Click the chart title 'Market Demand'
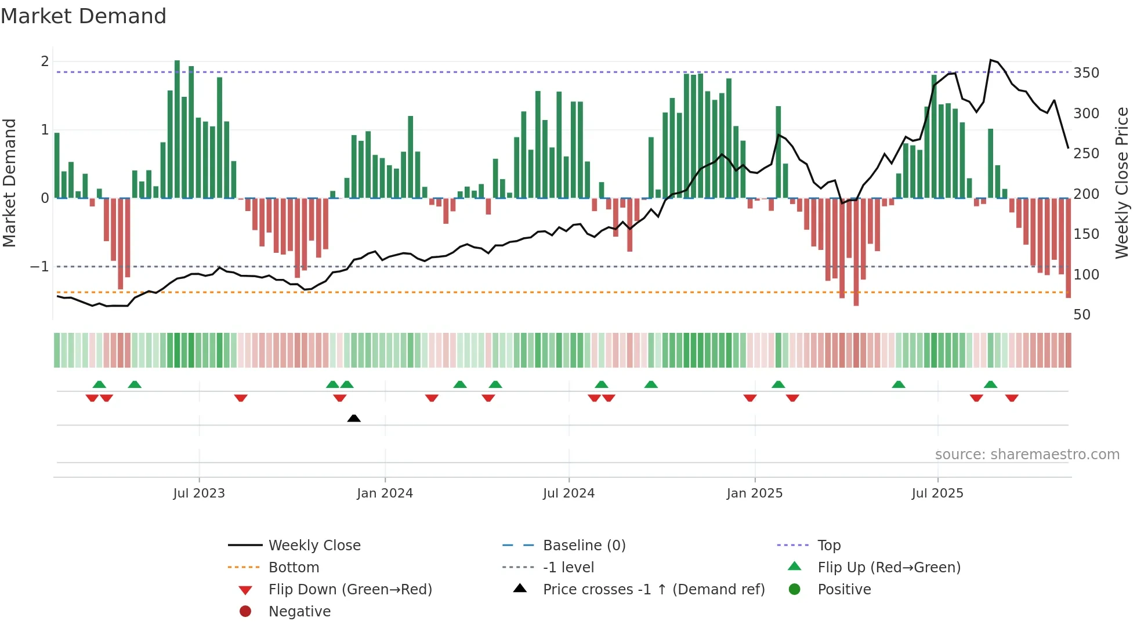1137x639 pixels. [x=84, y=16]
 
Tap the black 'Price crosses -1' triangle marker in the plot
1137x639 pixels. [x=354, y=418]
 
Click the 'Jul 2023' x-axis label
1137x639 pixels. [x=198, y=493]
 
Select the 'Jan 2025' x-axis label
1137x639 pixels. [x=754, y=493]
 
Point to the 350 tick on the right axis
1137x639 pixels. [x=1086, y=73]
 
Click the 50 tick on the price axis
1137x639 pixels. [x=1082, y=315]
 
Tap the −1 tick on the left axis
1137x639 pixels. [x=39, y=267]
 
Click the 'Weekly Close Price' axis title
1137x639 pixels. [x=1121, y=183]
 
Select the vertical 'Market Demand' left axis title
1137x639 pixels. [x=10, y=183]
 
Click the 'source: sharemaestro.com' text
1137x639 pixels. [x=1027, y=455]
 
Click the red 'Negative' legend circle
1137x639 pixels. [x=245, y=612]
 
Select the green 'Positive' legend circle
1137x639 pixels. [x=795, y=590]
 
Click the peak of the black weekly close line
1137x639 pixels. [x=990, y=60]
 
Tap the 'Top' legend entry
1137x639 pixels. [x=828, y=546]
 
